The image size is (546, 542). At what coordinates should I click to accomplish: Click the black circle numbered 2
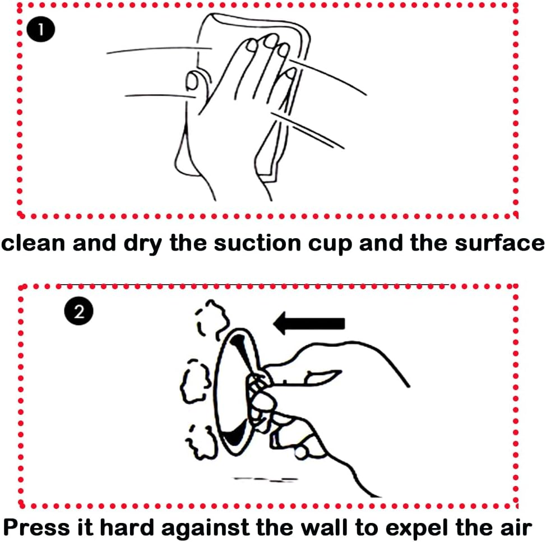point(78,311)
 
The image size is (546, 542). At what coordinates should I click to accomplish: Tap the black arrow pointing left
point(309,323)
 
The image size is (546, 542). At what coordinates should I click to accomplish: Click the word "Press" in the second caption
point(36,527)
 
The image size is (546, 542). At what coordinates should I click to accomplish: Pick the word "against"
point(205,529)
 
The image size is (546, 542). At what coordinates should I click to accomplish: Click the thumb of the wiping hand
point(195,82)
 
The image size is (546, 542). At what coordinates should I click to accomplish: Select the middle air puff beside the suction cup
point(195,382)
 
